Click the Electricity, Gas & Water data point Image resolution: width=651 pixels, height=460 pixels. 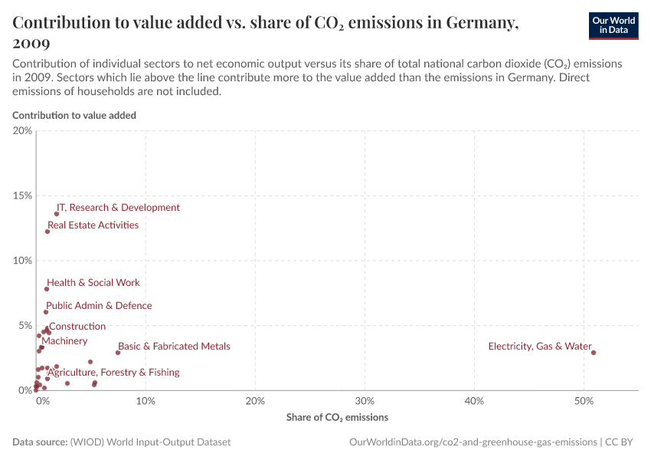pos(594,353)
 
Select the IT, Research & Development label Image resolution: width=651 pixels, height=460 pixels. pos(118,208)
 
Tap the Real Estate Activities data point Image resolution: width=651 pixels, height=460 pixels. pos(47,232)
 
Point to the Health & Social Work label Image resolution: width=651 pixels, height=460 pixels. pos(93,283)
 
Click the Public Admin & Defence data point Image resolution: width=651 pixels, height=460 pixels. pos(46,312)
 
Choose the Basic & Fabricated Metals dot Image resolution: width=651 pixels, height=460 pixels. pos(118,353)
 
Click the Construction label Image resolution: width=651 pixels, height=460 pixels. pos(77,327)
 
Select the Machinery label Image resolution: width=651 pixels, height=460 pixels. pos(64,341)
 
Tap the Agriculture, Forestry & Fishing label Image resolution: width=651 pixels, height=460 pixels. pos(113,373)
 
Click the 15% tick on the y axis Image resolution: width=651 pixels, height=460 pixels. pos(23,195)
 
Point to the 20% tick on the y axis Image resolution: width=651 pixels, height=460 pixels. pos(23,130)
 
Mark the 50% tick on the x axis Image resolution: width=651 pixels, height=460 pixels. pos(584,401)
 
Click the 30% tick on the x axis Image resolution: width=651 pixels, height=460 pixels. pos(365,401)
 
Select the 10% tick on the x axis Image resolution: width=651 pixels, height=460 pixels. pos(146,401)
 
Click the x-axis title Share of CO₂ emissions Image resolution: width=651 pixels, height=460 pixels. pos(337,418)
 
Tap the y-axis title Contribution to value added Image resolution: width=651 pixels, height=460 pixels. pos(74,115)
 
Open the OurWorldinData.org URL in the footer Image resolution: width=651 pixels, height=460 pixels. pos(473,442)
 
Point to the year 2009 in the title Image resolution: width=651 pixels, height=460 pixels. pos(33,43)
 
